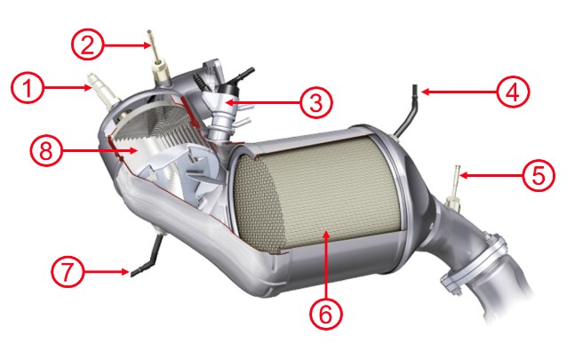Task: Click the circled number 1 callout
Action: click(x=28, y=88)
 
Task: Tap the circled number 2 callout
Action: click(x=87, y=44)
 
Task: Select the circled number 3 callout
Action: click(x=315, y=102)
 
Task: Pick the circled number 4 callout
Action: click(x=513, y=91)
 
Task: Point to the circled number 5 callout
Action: click(x=539, y=175)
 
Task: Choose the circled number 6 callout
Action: click(x=325, y=313)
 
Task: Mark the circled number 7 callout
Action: click(x=68, y=271)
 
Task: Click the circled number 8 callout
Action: click(x=46, y=150)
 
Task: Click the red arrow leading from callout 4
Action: click(x=459, y=92)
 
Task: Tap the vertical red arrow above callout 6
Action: click(x=326, y=264)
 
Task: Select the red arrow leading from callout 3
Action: click(x=263, y=102)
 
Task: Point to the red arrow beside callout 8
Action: click(x=100, y=150)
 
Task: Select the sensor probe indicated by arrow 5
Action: click(x=457, y=181)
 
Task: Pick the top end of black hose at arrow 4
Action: click(x=416, y=88)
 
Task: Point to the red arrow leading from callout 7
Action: click(x=107, y=271)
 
